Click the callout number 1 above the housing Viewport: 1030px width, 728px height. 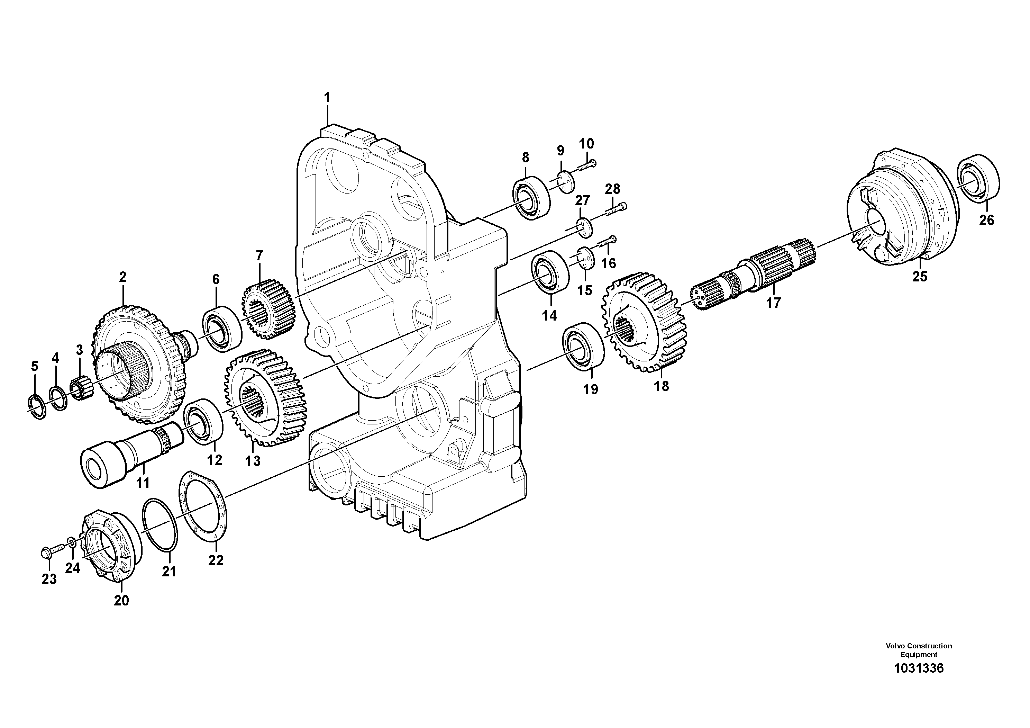327,97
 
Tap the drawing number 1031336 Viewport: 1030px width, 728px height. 918,681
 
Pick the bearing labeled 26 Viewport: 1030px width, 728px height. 978,182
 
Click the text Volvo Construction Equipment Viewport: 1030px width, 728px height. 918,650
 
